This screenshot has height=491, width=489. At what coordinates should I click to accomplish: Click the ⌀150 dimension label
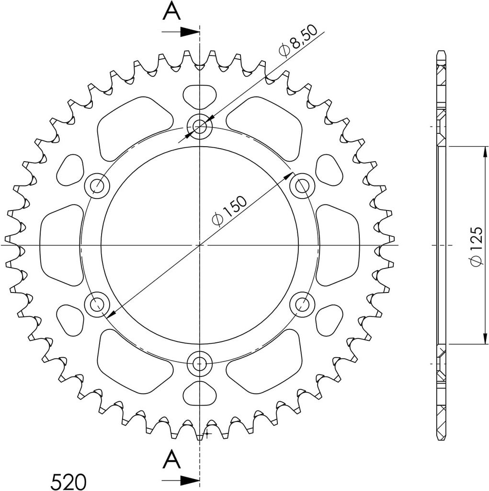229,211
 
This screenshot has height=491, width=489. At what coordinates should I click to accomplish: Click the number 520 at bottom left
68,481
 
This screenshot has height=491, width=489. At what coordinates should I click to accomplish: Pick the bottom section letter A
172,459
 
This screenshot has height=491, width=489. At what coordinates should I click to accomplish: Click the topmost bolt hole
199,127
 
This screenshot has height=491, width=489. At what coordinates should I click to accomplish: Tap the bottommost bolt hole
199,363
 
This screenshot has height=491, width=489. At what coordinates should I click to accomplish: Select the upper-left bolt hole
97,186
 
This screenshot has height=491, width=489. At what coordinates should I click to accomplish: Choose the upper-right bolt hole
302,186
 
